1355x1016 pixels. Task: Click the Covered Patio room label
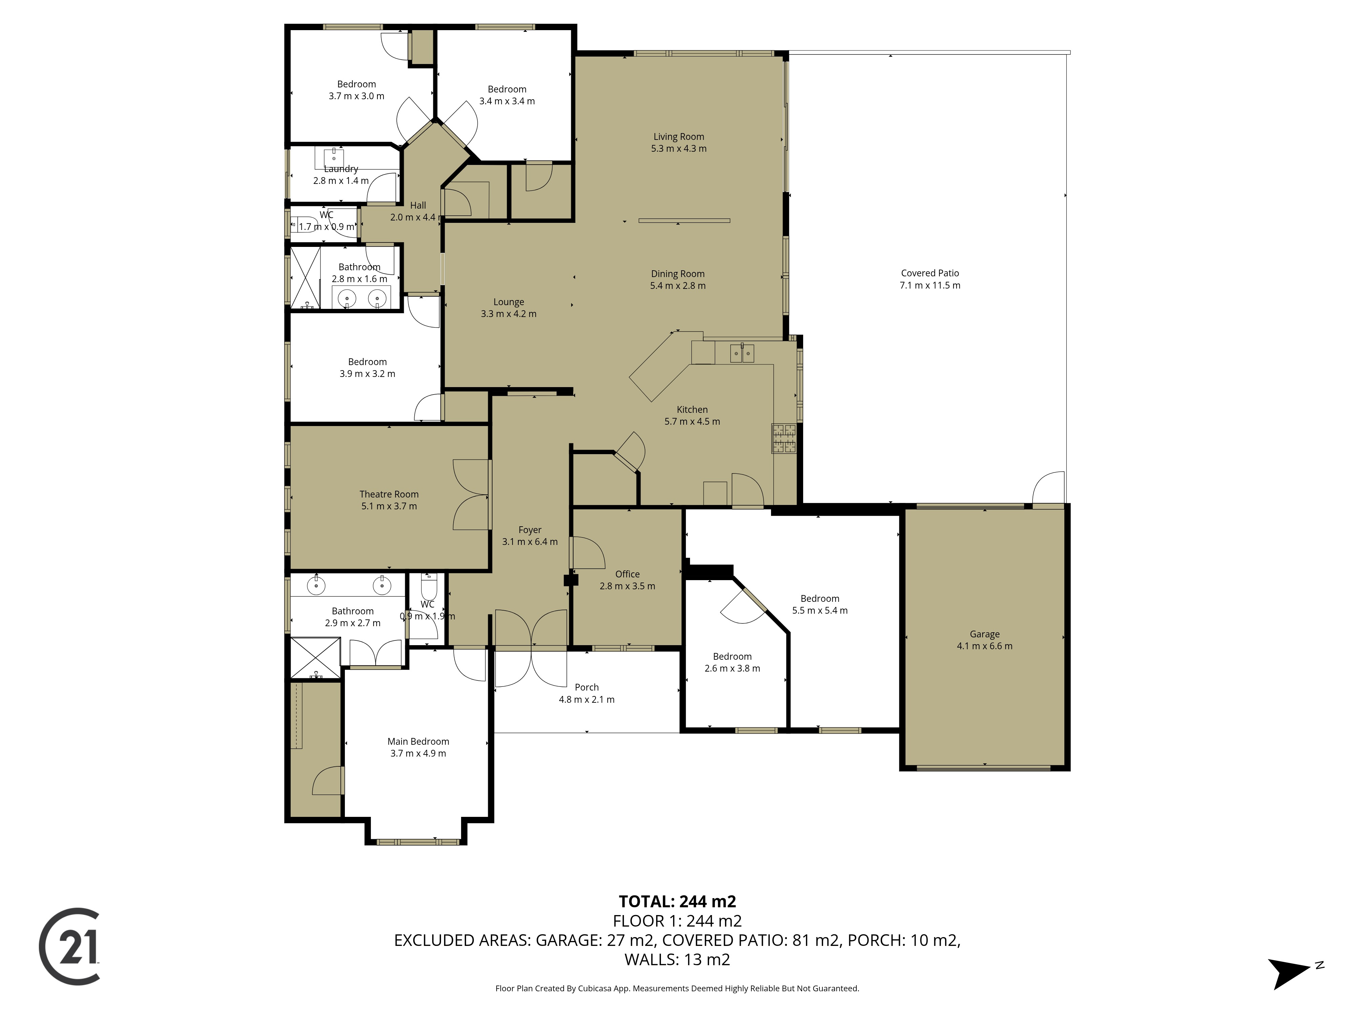pyautogui.click(x=930, y=273)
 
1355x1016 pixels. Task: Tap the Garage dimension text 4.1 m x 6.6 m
pyautogui.click(x=984, y=646)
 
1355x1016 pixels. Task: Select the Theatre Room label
pyautogui.click(x=389, y=494)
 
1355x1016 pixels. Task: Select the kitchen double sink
pyautogui.click(x=742, y=353)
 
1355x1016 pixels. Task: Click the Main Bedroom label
pyautogui.click(x=418, y=742)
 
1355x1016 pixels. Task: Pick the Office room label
pyautogui.click(x=627, y=574)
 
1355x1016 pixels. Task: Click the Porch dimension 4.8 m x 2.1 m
pyautogui.click(x=586, y=699)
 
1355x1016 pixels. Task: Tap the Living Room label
pyautogui.click(x=679, y=136)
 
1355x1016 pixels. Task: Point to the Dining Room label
pyautogui.click(x=677, y=274)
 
